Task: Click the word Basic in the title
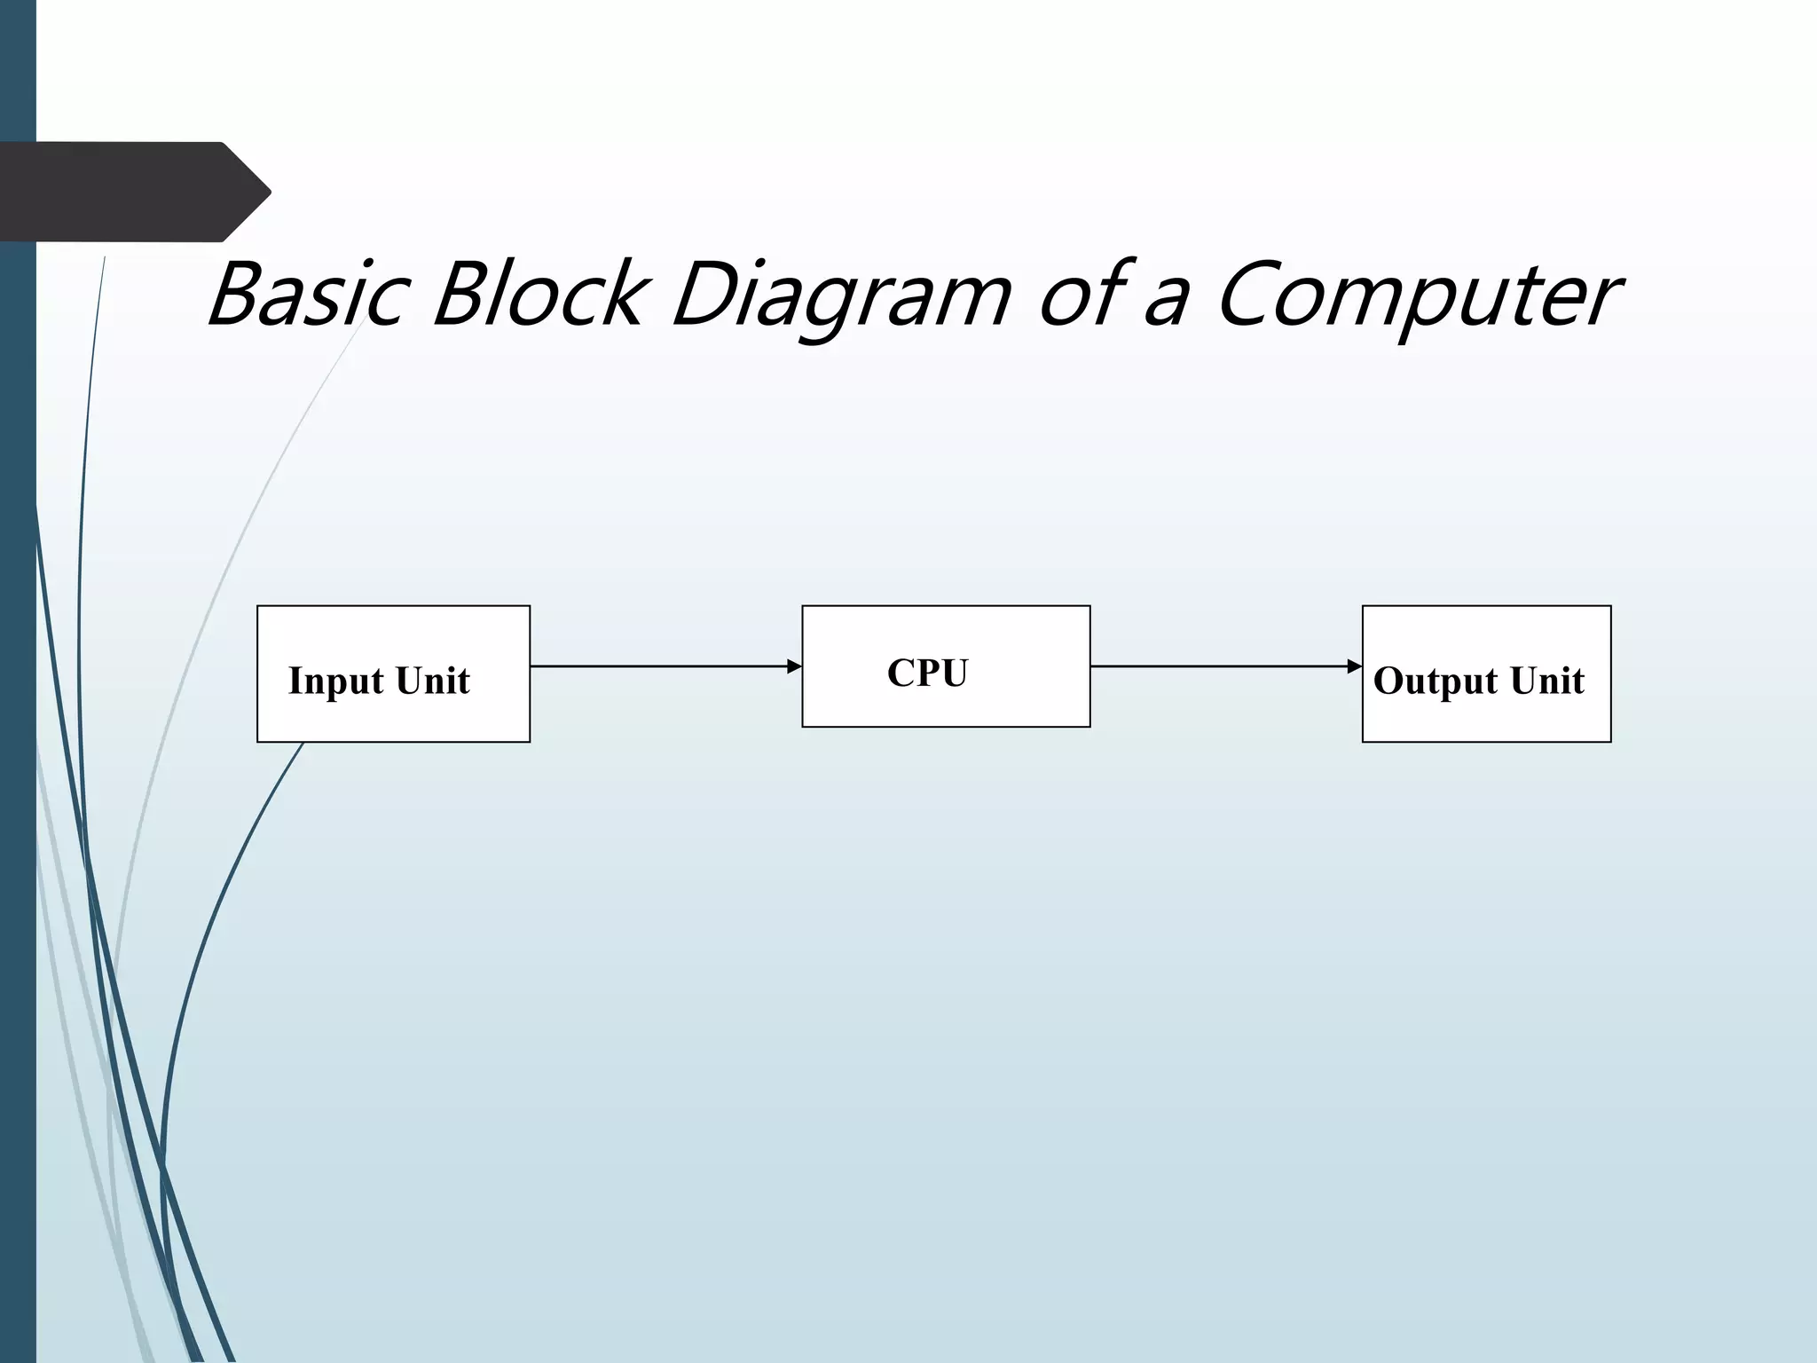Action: (309, 295)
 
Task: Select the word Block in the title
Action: (537, 295)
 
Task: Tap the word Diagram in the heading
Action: (841, 297)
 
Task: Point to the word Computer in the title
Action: (1418, 297)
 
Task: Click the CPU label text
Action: (927, 673)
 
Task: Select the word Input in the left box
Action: (336, 681)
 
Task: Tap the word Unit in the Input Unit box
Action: (433, 681)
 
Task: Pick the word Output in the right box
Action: (1436, 681)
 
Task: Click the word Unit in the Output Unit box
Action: (1547, 681)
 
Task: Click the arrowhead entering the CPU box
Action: (795, 666)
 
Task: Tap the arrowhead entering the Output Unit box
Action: (1355, 666)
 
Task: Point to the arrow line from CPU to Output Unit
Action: (1220, 666)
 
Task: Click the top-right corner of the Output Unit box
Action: (1610, 606)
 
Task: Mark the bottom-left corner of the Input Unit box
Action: (258, 741)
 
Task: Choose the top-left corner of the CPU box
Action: (803, 607)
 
